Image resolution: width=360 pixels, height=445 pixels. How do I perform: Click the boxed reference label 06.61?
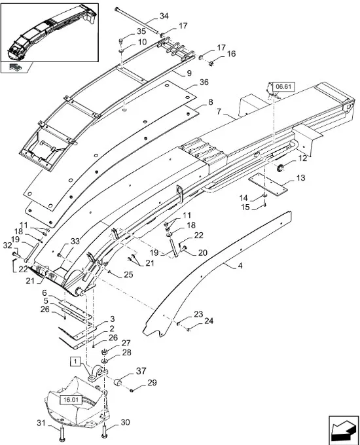[283, 87]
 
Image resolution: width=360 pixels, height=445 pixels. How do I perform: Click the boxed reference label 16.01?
[71, 400]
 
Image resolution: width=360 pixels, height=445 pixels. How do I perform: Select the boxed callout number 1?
[75, 361]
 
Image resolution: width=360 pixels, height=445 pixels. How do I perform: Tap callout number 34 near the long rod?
[164, 16]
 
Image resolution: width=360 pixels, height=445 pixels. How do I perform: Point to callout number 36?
[204, 82]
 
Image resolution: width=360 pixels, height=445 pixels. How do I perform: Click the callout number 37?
[141, 371]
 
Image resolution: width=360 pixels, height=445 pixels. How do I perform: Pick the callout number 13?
[300, 178]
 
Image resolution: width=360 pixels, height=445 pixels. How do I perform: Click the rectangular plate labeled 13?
[268, 185]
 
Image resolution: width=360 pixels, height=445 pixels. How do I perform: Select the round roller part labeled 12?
[280, 168]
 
